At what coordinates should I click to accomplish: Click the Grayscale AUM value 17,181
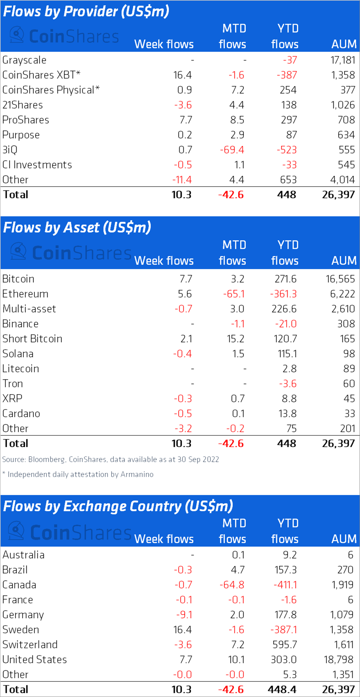click(x=342, y=60)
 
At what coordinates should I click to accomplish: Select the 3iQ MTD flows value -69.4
click(x=232, y=150)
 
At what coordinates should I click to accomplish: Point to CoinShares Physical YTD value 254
click(x=288, y=90)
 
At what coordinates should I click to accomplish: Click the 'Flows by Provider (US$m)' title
click(x=86, y=11)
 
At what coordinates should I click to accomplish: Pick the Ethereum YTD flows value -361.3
click(x=283, y=294)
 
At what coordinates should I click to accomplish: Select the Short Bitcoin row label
click(x=32, y=339)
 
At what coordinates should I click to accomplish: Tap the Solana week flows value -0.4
click(x=182, y=354)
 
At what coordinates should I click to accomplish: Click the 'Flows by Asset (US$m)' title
click(x=77, y=227)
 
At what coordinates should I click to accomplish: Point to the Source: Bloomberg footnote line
click(x=110, y=459)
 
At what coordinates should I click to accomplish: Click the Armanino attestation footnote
click(x=78, y=474)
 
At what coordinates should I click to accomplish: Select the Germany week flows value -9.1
click(x=184, y=615)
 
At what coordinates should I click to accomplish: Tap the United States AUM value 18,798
click(x=339, y=660)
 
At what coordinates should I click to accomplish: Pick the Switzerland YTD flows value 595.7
click(x=285, y=645)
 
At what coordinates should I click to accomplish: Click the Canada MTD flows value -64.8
click(x=232, y=585)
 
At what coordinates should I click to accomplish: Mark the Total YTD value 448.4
click(x=282, y=690)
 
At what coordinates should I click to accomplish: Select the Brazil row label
click(x=15, y=570)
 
